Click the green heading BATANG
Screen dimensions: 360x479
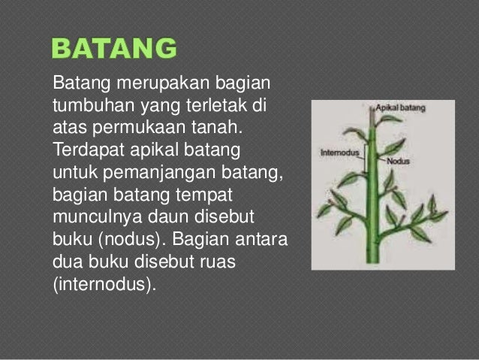pos(114,50)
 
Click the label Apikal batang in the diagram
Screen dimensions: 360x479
pos(401,108)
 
